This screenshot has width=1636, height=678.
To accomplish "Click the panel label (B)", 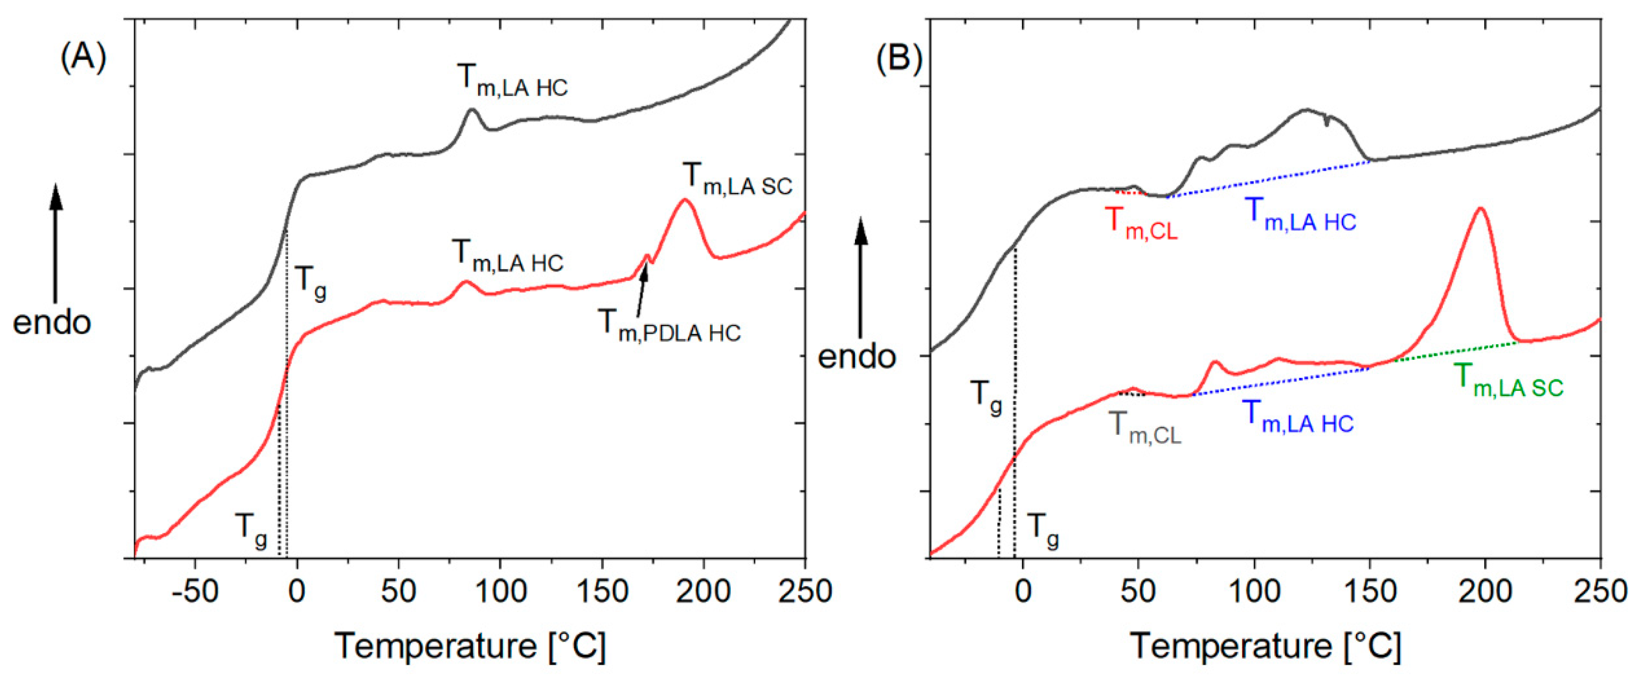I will click(899, 60).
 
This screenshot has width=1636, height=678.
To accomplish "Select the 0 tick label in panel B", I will click(1022, 592).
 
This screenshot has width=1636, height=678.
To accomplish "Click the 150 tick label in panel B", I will click(1369, 592).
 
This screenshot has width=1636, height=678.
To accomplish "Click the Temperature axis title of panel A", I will click(470, 646).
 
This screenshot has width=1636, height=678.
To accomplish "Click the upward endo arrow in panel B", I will click(861, 279).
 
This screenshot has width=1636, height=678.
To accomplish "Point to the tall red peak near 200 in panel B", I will click(1481, 226).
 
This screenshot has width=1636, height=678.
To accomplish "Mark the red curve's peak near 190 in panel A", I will click(685, 200).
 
